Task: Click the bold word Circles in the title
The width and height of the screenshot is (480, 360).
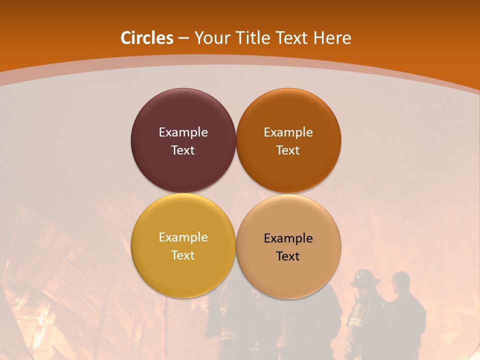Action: click(x=147, y=38)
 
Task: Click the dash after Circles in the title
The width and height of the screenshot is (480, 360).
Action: click(x=183, y=38)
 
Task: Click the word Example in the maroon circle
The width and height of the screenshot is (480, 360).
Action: click(x=183, y=132)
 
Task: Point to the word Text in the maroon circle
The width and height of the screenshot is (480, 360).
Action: click(x=183, y=150)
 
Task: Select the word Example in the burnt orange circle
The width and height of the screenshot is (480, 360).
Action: click(x=288, y=132)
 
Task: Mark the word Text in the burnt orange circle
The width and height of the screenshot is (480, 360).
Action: click(x=288, y=150)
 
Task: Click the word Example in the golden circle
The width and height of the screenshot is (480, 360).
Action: click(x=183, y=237)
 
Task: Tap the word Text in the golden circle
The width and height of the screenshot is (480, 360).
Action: click(x=183, y=255)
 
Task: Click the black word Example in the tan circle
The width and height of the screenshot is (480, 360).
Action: click(x=288, y=238)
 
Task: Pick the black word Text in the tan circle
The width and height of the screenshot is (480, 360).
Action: click(x=288, y=256)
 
